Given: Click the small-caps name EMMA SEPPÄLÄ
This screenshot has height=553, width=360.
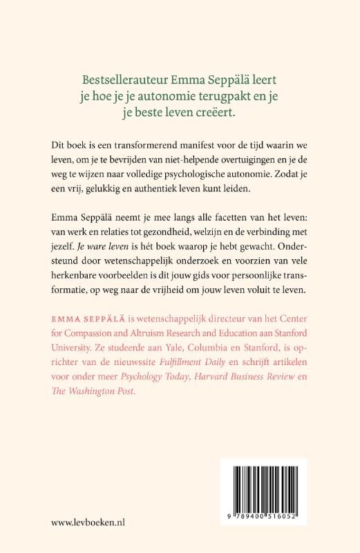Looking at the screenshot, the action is [x=85, y=320].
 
